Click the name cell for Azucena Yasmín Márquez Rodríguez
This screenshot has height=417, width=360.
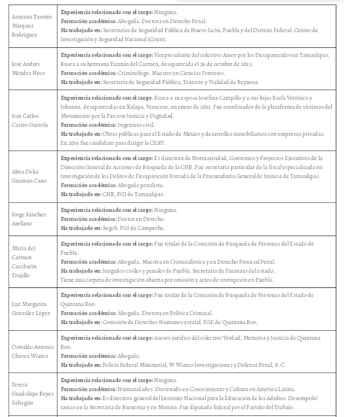click(31, 26)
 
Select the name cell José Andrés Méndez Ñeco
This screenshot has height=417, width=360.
click(32, 68)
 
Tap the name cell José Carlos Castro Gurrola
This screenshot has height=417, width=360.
click(31, 120)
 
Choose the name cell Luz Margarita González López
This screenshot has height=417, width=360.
click(32, 309)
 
